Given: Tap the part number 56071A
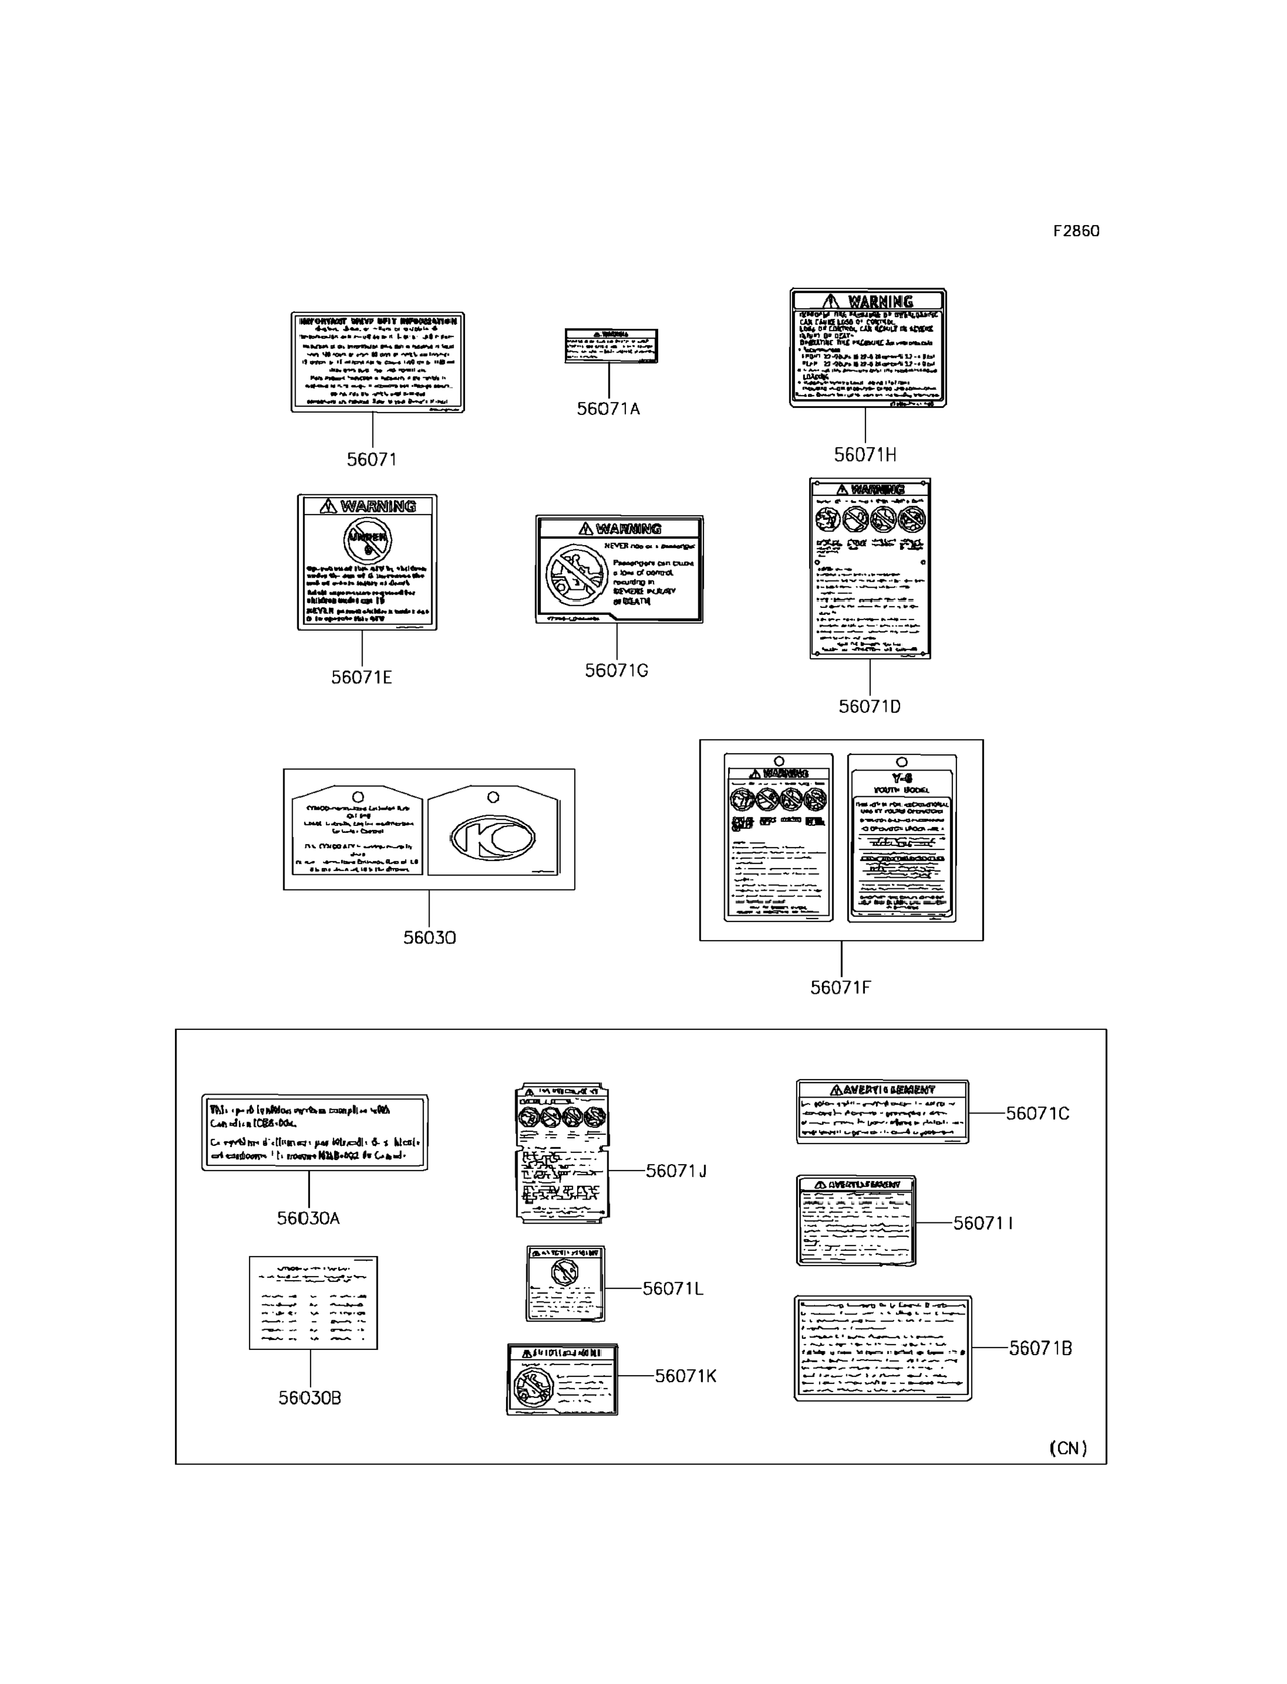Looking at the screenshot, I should (x=609, y=409).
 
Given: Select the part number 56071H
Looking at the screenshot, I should (x=865, y=455).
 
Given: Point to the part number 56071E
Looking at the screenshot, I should (x=361, y=677).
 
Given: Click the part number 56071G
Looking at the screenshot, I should (x=617, y=670).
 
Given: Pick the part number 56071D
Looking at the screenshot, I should (x=870, y=706).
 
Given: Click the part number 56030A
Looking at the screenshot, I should (x=308, y=1218).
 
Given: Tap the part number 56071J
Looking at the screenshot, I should (x=676, y=1170).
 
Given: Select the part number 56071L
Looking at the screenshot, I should (x=673, y=1289).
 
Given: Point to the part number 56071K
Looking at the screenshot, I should (x=685, y=1376).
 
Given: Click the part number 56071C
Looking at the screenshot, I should (x=1038, y=1113).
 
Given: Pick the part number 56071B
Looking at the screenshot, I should (x=1040, y=1348).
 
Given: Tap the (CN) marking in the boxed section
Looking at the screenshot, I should (x=1068, y=1448).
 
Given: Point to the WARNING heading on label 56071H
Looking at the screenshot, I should (x=868, y=301).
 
